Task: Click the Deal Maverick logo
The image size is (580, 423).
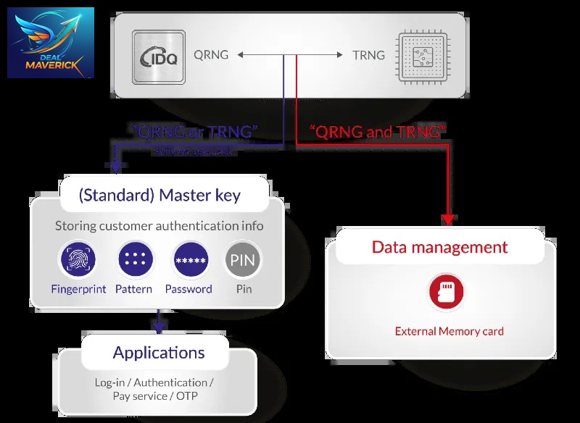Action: coord(51,43)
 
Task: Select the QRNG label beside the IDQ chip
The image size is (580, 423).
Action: coord(211,54)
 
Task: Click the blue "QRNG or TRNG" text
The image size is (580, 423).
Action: coord(195,132)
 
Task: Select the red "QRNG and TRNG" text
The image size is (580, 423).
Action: coord(378,132)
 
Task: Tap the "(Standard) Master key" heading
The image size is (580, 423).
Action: coord(159,196)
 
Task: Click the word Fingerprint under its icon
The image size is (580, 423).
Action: coord(78,289)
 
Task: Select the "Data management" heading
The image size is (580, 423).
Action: coord(439,247)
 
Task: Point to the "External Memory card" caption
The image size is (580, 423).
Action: coord(449,332)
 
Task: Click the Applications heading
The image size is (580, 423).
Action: coord(159,353)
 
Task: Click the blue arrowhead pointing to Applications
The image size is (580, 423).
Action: coord(159,328)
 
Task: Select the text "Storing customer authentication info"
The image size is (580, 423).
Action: coord(159,226)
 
